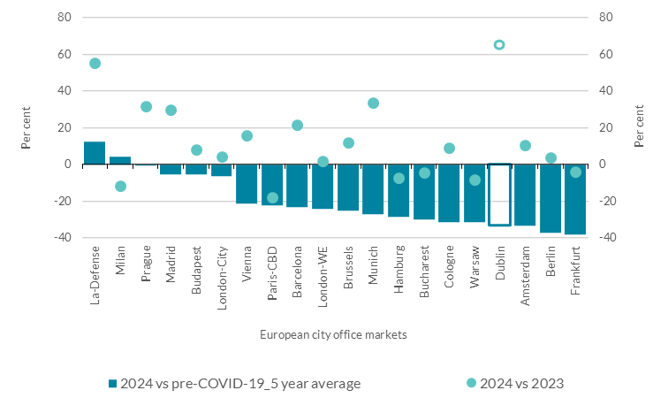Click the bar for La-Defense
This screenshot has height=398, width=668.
pos(95,153)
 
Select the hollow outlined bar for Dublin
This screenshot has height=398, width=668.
pos(499,195)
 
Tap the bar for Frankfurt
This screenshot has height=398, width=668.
pos(575,199)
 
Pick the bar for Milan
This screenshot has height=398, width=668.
pos(120,160)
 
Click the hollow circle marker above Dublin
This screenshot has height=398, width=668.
pos(499,45)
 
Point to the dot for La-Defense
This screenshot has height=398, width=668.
pos(95,64)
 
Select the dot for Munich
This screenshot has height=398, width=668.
pos(373,103)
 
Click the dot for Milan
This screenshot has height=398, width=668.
pos(120,187)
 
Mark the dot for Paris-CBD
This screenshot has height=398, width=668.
pos(272,198)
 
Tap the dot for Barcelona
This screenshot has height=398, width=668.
pos(298,126)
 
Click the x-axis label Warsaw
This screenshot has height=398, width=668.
pos(475,271)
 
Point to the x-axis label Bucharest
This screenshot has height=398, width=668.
pos(425,275)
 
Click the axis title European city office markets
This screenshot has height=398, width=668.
pos(333,335)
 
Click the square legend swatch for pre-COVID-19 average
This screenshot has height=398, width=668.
pos(112,383)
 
